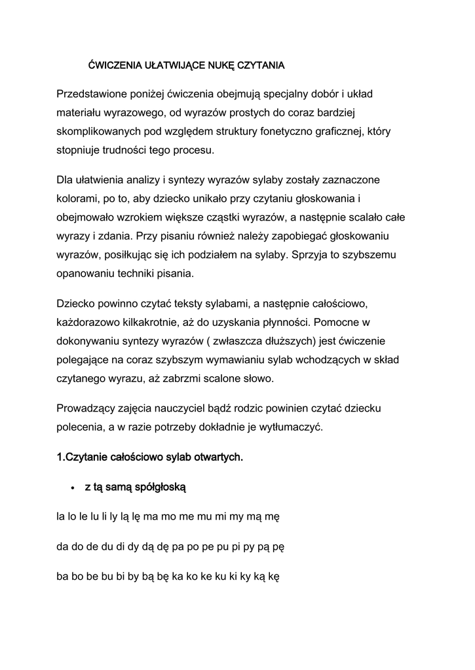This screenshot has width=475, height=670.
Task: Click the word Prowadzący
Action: [88, 408]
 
